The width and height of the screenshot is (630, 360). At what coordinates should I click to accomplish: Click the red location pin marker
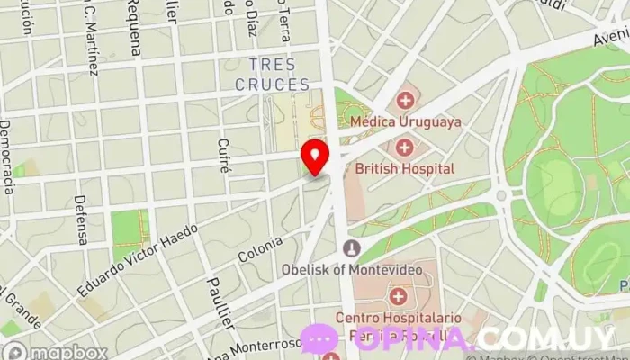(315, 156)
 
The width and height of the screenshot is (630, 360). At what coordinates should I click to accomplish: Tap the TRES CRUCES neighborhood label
(272, 75)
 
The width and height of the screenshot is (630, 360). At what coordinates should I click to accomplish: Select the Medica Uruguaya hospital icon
(405, 100)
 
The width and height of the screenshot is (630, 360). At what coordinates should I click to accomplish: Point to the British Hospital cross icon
(404, 147)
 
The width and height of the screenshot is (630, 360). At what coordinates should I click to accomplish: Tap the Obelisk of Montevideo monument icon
(351, 247)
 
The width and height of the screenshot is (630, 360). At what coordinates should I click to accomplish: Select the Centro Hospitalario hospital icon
(398, 295)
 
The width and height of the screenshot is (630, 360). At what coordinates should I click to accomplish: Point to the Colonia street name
(261, 249)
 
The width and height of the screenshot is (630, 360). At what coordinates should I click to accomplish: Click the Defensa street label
(81, 220)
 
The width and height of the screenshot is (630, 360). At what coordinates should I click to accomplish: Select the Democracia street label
(7, 157)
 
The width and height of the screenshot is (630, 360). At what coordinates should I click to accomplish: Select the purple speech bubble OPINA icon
(319, 340)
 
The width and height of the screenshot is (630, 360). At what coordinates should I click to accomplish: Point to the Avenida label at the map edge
(610, 37)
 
